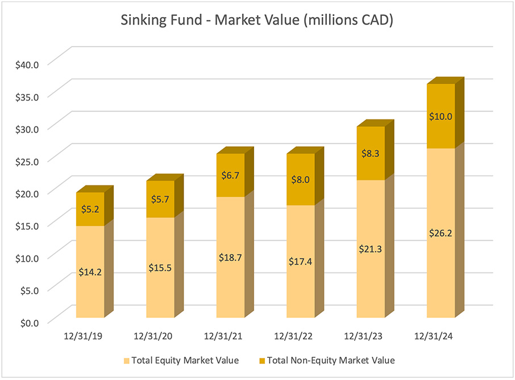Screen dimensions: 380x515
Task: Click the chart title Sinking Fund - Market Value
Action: pyautogui.click(x=257, y=21)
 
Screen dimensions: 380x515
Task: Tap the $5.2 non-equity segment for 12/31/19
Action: pyautogui.click(x=90, y=209)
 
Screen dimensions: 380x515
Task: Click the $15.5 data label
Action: pyautogui.click(x=160, y=267)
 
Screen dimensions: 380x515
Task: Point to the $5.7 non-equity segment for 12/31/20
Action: pyautogui.click(x=160, y=199)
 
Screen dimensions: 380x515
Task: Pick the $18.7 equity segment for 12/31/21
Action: pyautogui.click(x=231, y=257)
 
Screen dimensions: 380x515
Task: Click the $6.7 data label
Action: pyautogui.click(x=231, y=175)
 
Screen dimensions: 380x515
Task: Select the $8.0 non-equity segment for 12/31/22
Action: pyautogui.click(x=301, y=180)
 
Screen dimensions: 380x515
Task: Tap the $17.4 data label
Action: pyautogui.click(x=301, y=261)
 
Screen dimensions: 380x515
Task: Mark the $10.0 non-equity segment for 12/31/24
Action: pyautogui.click(x=441, y=117)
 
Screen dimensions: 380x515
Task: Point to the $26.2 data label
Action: pyautogui.click(x=441, y=233)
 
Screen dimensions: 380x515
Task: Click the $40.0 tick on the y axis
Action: pyautogui.click(x=27, y=64)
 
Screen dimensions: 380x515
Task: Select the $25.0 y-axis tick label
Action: pyautogui.click(x=27, y=160)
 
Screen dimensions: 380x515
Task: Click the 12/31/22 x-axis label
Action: pyautogui.click(x=294, y=337)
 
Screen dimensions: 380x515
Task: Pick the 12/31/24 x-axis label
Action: pyautogui.click(x=435, y=337)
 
